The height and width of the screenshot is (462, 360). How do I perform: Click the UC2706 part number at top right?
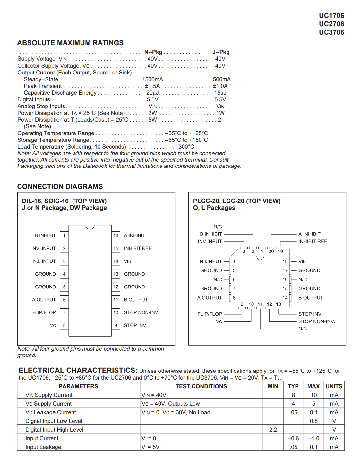click(x=331, y=24)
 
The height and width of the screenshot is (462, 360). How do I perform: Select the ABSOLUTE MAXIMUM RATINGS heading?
click(x=70, y=43)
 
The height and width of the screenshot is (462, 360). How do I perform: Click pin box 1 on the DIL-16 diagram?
click(x=64, y=236)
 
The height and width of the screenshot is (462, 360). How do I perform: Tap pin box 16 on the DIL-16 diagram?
click(x=116, y=236)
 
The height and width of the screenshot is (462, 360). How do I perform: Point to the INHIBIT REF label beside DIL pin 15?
click(x=138, y=249)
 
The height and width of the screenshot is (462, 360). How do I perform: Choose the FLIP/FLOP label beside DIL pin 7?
click(x=44, y=312)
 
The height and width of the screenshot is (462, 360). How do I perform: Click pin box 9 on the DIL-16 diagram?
click(x=116, y=325)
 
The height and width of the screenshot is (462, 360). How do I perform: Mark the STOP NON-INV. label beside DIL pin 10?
click(x=141, y=312)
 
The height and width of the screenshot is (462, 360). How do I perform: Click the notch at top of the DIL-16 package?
click(x=90, y=227)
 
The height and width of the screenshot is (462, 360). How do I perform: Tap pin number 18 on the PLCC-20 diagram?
click(x=285, y=261)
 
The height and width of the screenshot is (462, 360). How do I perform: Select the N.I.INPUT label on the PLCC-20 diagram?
click(x=211, y=261)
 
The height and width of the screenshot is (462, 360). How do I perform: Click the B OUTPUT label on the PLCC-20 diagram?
click(x=311, y=298)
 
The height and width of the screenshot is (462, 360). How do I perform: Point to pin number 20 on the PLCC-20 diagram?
click(x=271, y=252)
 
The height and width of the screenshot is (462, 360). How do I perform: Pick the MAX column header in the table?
click(x=313, y=386)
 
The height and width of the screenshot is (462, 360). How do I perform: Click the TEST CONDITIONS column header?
click(x=201, y=386)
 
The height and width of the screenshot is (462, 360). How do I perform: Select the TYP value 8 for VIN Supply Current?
click(x=293, y=395)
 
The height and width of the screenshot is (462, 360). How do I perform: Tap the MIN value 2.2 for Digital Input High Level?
click(x=273, y=430)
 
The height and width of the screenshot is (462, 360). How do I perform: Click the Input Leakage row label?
click(x=43, y=447)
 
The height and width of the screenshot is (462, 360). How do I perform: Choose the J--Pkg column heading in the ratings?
click(x=221, y=52)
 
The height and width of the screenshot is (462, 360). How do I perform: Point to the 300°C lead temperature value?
click(x=186, y=147)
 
